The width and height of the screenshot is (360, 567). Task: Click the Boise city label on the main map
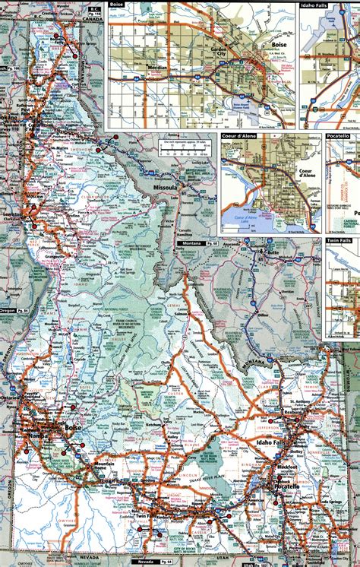point(73,429)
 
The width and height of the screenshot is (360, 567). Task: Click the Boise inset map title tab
point(116,4)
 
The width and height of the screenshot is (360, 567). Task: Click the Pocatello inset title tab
point(340,135)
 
